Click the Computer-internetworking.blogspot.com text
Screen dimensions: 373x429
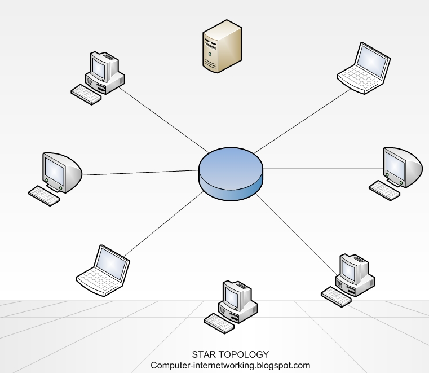click(230, 365)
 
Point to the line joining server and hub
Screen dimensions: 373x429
click(231, 107)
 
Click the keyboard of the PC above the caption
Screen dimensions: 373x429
click(219, 323)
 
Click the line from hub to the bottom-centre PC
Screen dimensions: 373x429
click(231, 237)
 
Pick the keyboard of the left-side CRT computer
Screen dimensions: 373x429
click(44, 196)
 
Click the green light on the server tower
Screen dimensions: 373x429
click(210, 52)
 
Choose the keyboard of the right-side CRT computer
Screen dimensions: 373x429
click(384, 190)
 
